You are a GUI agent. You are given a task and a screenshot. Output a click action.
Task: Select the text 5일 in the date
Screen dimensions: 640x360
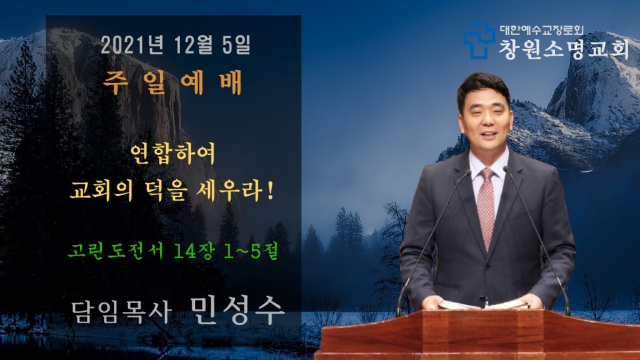click(x=236, y=45)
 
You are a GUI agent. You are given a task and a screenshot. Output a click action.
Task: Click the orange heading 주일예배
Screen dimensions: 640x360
click(x=172, y=83)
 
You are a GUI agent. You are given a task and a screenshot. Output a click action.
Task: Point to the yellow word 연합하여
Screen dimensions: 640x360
click(x=172, y=154)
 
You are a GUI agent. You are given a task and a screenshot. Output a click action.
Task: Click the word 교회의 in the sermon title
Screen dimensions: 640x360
click(x=102, y=191)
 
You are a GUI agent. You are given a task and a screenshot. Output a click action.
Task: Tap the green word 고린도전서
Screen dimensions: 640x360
click(x=116, y=251)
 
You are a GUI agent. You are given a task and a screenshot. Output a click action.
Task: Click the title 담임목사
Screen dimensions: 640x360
click(x=121, y=312)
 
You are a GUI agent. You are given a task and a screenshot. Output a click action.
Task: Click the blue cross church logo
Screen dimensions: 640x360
click(x=479, y=41)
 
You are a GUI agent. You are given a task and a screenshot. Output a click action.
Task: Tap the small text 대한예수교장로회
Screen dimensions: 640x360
click(x=542, y=30)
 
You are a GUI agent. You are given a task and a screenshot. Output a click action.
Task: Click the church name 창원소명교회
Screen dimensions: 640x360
click(x=564, y=49)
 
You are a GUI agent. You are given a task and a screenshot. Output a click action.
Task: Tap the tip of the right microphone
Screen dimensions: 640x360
click(x=506, y=169)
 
